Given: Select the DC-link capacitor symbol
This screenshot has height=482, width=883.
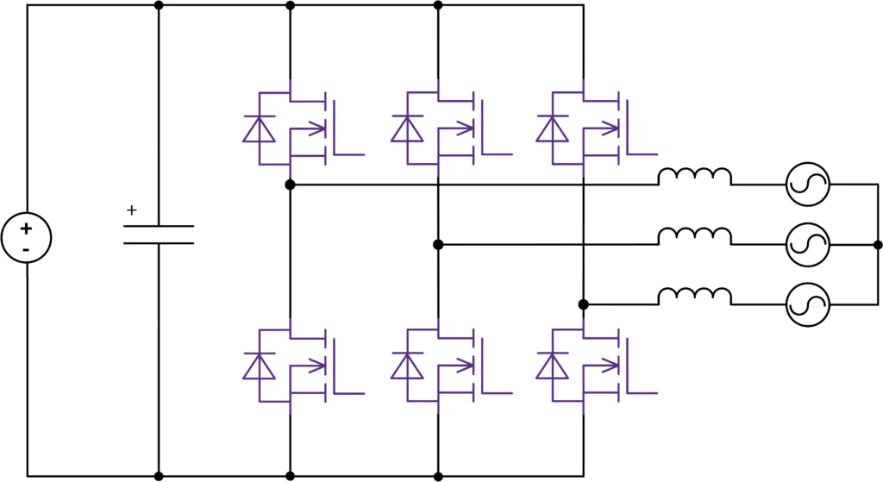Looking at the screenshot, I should (x=158, y=235).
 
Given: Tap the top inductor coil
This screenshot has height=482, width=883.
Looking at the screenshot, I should (x=694, y=177).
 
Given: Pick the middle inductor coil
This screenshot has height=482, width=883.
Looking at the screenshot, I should (x=694, y=237).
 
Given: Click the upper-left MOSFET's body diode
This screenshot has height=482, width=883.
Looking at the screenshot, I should (x=258, y=129).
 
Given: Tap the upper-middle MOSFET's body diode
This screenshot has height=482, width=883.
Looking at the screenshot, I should (x=404, y=129).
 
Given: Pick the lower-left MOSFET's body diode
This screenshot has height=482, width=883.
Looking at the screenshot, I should (x=258, y=367).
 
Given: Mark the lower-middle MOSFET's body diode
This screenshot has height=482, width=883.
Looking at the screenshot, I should (x=404, y=367).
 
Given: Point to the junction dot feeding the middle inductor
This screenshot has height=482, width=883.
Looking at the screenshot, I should (x=439, y=246).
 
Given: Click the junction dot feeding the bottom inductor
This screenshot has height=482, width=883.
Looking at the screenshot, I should (x=584, y=304).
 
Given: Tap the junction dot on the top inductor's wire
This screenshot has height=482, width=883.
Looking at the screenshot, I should (x=291, y=184).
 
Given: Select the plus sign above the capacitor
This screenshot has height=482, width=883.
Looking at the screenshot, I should (x=131, y=208).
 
